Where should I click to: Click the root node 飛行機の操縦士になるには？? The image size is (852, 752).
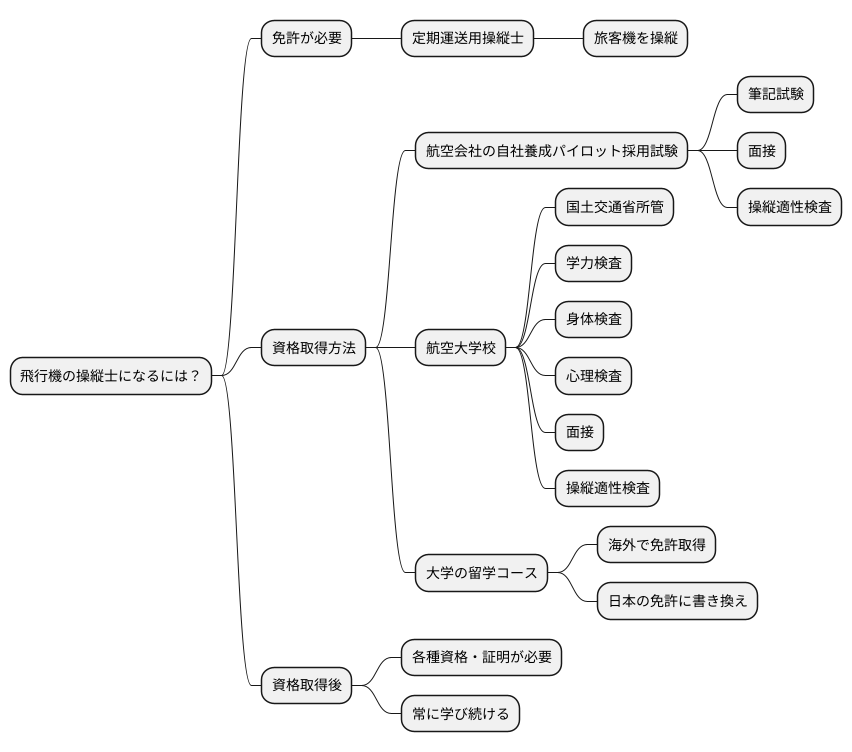(111, 376)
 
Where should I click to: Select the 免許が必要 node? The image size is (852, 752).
(306, 39)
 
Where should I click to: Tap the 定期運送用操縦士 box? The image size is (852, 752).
(467, 39)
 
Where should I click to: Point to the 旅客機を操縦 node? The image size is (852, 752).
(635, 39)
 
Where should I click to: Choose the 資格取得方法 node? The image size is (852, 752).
(313, 349)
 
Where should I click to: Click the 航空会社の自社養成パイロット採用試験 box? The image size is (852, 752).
(551, 151)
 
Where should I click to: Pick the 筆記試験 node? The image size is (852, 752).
(774, 95)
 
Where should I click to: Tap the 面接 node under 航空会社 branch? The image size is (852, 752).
(760, 151)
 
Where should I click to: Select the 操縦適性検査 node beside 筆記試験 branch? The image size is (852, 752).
(789, 207)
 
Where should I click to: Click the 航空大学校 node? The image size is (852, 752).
(461, 349)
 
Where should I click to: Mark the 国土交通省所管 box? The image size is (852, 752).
(614, 208)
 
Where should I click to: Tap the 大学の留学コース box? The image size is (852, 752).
(481, 573)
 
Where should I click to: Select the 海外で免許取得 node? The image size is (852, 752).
(656, 545)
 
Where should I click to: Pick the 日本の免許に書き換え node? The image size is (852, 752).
(677, 601)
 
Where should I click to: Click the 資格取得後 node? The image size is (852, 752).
(306, 685)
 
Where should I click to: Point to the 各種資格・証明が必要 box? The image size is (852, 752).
(481, 657)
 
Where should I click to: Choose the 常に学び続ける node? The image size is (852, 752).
(460, 713)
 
